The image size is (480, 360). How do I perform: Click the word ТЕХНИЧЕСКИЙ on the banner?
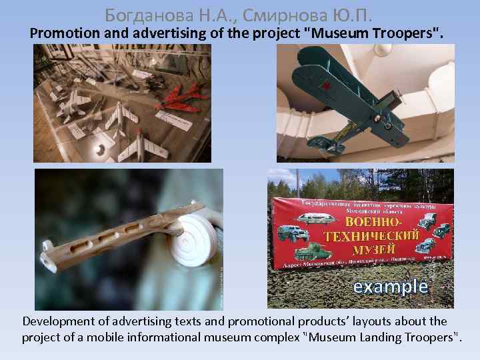[x=371, y=236]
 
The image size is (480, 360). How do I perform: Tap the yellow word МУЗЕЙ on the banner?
[x=371, y=249]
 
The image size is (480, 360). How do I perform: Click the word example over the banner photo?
[x=390, y=287]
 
